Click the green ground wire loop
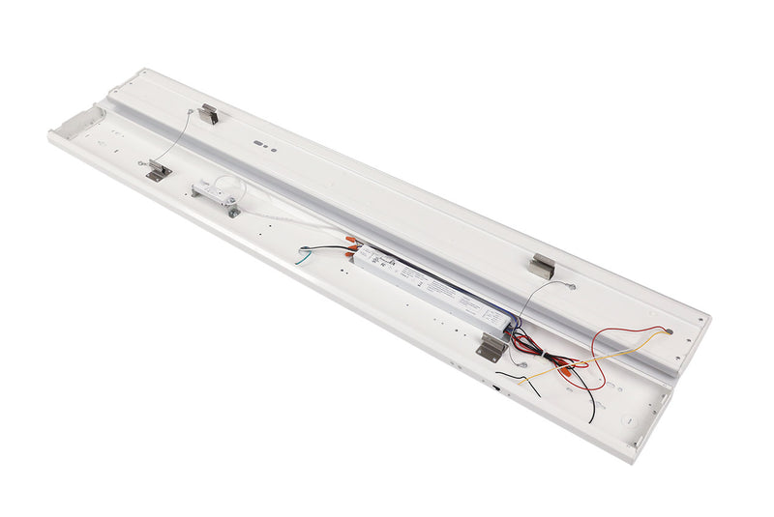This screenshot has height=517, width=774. pos(306,256)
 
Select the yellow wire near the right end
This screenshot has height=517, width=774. pos(580,362)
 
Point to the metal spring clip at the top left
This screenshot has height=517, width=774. pos(208,114)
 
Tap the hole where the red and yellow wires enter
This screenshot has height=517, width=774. pos(667,330)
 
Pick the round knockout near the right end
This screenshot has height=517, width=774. pos(627,419)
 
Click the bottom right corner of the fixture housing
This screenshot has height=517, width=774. pos(634,460)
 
